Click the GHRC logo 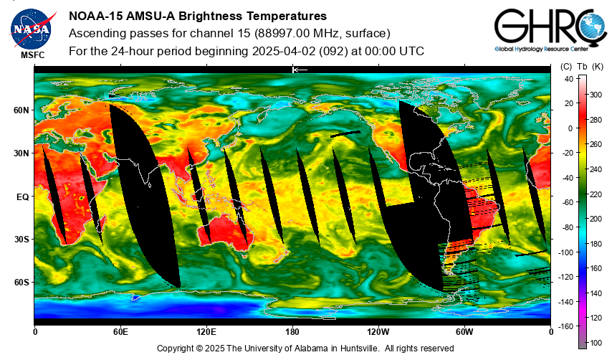click(550, 30)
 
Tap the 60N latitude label click(21, 110)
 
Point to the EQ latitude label click(23, 197)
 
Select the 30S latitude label click(21, 239)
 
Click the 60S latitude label click(21, 283)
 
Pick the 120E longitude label click(206, 332)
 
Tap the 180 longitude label click(292, 332)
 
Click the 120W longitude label click(378, 332)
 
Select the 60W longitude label click(464, 332)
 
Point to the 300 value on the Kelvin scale click(596, 95)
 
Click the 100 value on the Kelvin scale click(596, 343)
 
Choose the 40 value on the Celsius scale click(569, 79)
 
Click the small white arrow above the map click(300, 70)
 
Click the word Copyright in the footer click(175, 349)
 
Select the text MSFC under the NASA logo click(33, 55)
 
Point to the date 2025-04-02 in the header click(284, 51)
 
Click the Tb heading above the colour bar click(582, 67)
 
